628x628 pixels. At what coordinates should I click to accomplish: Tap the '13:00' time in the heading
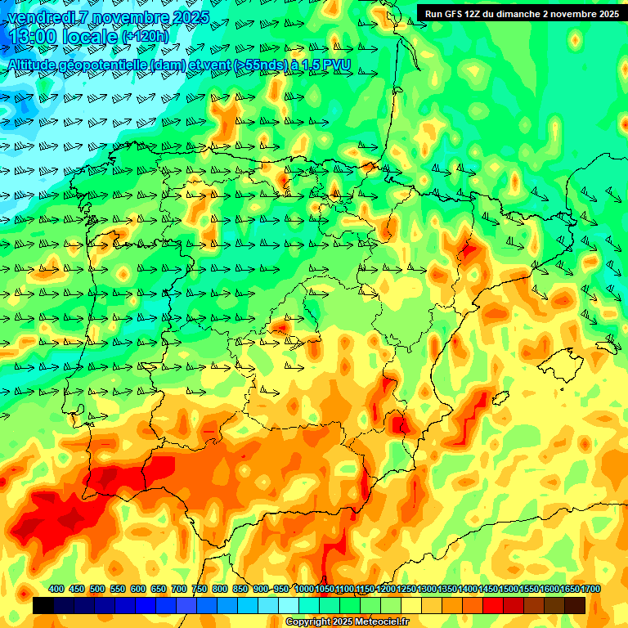pyautogui.click(x=32, y=37)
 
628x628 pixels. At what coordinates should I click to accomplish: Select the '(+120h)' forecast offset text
pyautogui.click(x=146, y=37)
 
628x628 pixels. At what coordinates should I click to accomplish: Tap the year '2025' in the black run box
pyautogui.click(x=605, y=13)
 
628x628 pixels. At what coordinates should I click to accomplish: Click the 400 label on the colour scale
pyautogui.click(x=56, y=589)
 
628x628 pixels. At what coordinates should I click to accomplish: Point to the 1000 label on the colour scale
pyautogui.click(x=304, y=589)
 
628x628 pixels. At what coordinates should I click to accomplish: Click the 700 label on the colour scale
pyautogui.click(x=179, y=589)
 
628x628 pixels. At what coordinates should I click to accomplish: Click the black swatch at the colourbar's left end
pyautogui.click(x=43, y=606)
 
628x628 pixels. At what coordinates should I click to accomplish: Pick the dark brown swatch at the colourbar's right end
pyautogui.click(x=575, y=606)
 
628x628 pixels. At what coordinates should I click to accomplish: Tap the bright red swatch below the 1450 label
pyautogui.click(x=493, y=606)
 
